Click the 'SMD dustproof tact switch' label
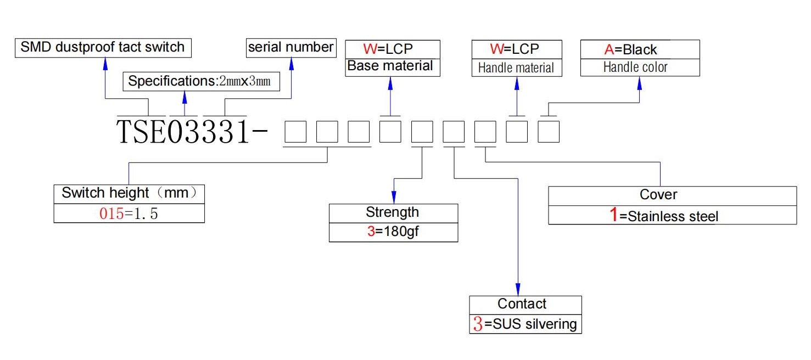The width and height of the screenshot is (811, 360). [103, 47]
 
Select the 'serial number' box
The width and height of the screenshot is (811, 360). [291, 48]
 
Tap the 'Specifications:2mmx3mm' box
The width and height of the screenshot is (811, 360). [202, 81]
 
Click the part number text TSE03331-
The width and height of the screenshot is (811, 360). [192, 132]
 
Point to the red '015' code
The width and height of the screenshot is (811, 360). [111, 213]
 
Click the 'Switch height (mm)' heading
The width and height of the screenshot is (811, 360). [129, 193]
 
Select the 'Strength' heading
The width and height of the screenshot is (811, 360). [393, 212]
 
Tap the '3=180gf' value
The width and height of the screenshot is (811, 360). [393, 231]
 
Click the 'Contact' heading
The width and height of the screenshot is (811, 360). [522, 304]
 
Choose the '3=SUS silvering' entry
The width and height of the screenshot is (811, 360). [525, 324]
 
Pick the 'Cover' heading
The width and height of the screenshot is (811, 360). [658, 195]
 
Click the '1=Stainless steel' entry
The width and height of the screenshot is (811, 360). [664, 215]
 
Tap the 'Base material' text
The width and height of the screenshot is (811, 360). [390, 66]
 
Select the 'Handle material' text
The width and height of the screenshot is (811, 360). [516, 67]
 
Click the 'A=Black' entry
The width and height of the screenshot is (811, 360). [630, 49]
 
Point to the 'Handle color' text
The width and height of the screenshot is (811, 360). [635, 67]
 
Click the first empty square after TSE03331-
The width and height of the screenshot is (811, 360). [295, 132]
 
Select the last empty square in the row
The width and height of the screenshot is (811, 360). [549, 132]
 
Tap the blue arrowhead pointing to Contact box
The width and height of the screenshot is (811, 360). [518, 289]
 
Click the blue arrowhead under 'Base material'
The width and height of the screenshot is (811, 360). [390, 84]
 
